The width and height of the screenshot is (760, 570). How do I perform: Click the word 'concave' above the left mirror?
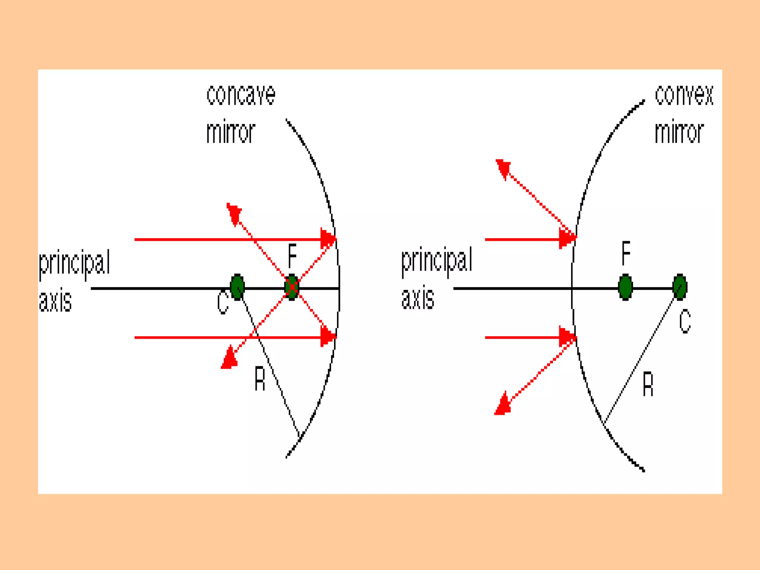(241, 95)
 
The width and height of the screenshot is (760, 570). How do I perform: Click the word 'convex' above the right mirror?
(684, 95)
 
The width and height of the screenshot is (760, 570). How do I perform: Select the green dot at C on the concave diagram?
(237, 287)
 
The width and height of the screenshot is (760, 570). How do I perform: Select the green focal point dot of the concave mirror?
(292, 287)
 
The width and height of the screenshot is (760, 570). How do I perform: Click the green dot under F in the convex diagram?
(625, 287)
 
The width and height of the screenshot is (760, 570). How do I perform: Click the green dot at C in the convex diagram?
(679, 287)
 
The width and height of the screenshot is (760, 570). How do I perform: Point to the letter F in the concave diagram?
(292, 256)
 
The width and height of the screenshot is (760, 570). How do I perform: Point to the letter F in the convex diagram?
(626, 253)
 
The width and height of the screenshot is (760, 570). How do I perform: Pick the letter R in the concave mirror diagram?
(260, 378)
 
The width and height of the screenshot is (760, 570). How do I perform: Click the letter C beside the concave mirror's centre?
(223, 302)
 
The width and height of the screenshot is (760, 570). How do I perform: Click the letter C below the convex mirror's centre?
(685, 321)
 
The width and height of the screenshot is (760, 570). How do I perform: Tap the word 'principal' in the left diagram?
(75, 263)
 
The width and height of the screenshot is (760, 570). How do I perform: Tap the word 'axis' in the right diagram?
(417, 298)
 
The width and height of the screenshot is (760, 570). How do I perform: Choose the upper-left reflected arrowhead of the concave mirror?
(234, 212)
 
